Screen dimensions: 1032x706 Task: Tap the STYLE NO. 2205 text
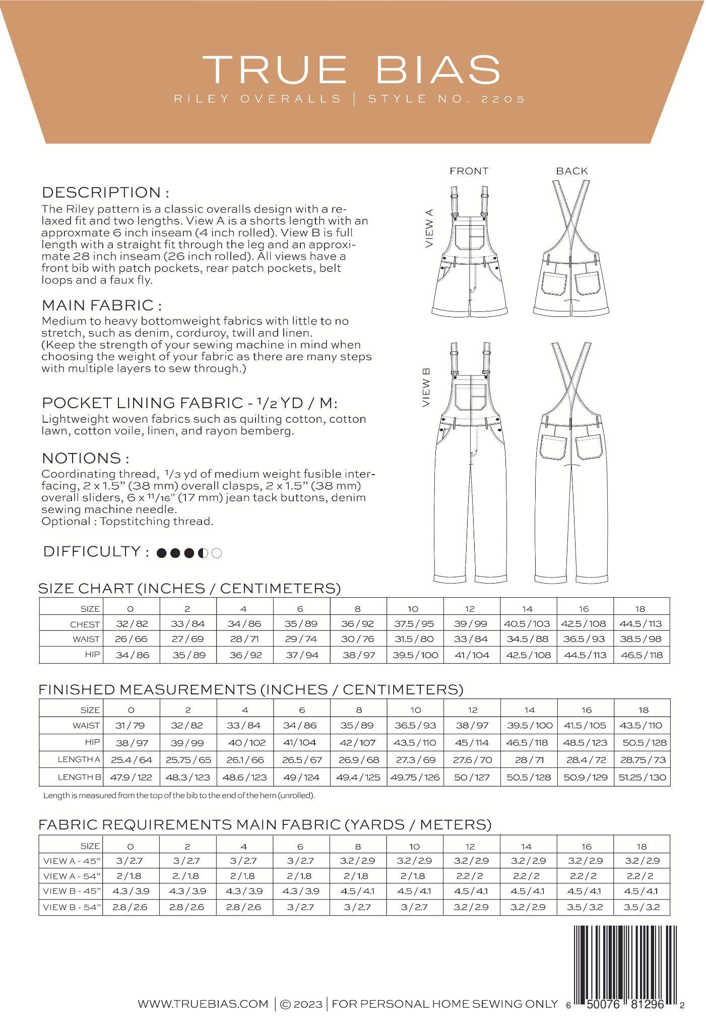click(446, 99)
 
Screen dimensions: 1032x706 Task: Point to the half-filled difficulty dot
click(203, 553)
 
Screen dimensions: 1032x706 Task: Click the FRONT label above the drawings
click(469, 171)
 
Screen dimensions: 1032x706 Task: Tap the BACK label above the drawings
click(572, 171)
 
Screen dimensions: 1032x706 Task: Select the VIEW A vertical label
click(429, 228)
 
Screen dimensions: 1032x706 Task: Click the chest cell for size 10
click(414, 624)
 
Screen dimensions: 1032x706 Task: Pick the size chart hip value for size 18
click(641, 655)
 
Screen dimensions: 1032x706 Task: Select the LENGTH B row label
click(79, 777)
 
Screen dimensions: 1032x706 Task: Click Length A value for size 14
click(529, 760)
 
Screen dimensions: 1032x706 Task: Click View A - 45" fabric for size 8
click(358, 861)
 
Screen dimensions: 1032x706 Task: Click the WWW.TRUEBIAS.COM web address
click(203, 1004)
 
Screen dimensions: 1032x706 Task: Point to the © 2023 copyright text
click(301, 1004)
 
